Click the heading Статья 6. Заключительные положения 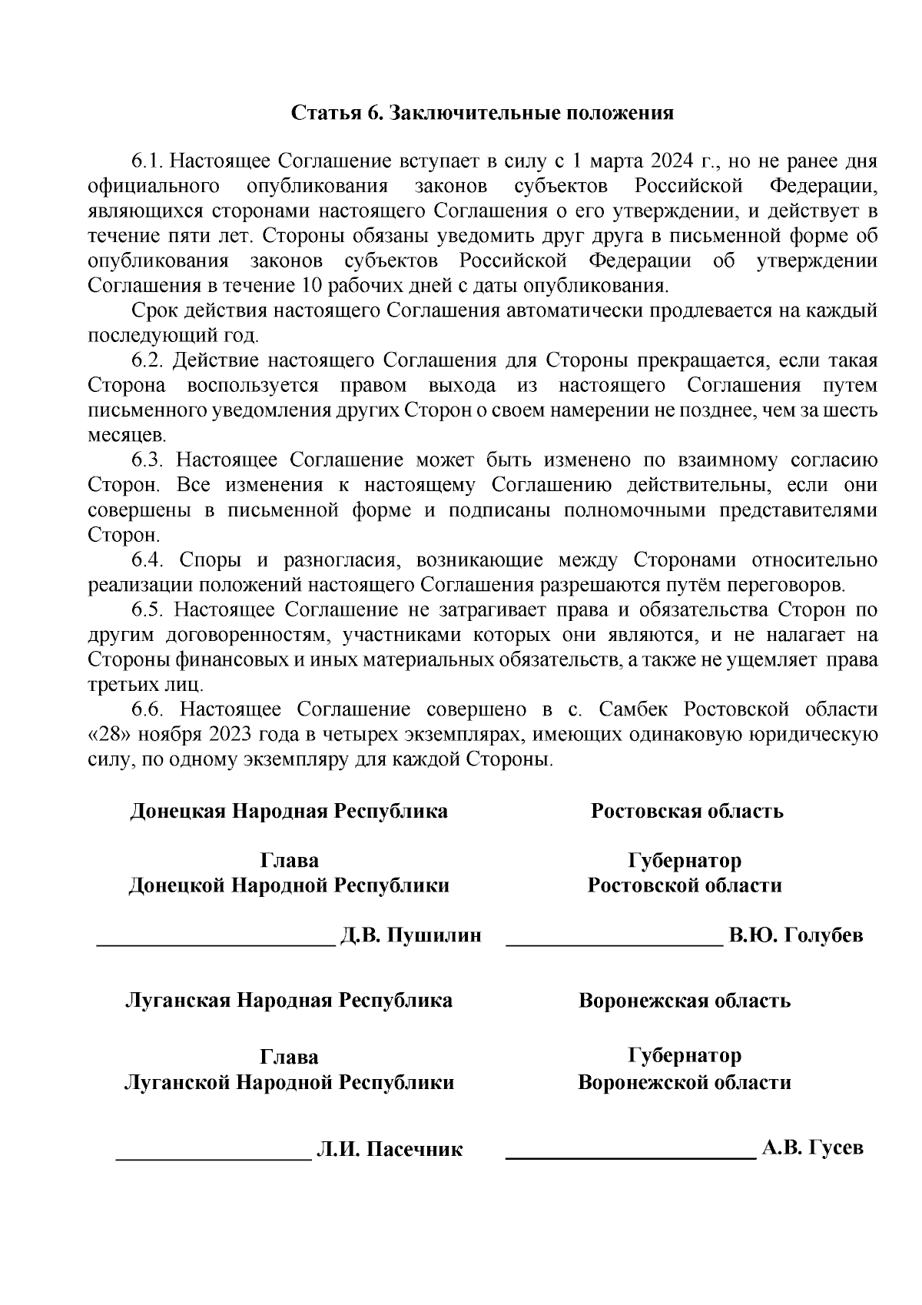[482, 113]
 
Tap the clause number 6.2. [147, 360]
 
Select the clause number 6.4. [147, 560]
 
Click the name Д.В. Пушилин [410, 935]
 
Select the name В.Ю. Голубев [796, 935]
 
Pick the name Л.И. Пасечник [390, 1150]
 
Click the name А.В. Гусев [813, 1147]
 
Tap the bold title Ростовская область [686, 811]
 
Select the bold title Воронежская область [684, 1001]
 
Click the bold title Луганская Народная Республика [288, 1001]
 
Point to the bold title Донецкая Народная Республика [288, 811]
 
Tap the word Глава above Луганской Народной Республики [289, 1058]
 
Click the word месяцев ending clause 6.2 [121, 436]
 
